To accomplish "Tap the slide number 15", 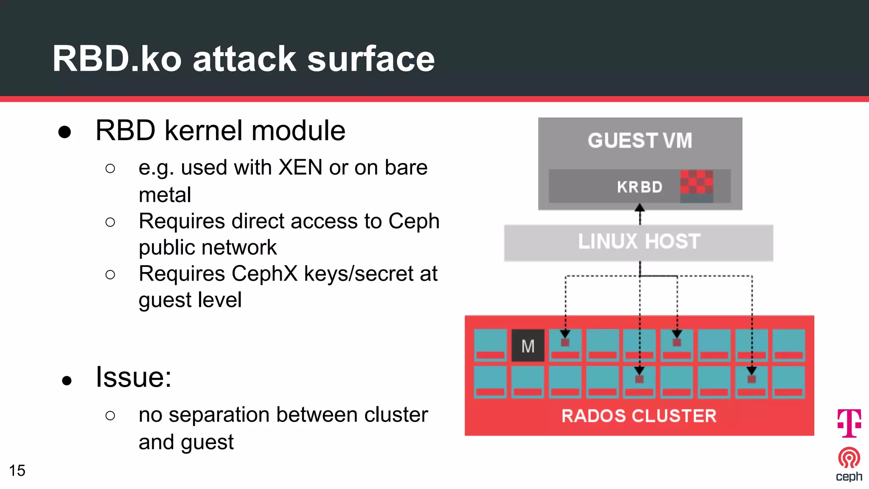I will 17,470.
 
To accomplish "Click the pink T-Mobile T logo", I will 849,423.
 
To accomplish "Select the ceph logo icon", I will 849,458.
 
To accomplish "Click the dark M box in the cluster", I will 528,346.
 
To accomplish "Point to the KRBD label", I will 639,187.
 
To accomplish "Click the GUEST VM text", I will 639,141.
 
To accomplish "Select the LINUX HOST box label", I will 639,242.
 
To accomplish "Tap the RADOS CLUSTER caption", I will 639,416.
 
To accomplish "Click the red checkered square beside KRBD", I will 696,182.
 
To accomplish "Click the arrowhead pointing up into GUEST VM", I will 640,208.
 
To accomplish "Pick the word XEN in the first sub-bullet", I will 300,167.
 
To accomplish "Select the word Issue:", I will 133,377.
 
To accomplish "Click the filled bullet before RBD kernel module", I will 64,132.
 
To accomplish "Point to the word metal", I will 165,195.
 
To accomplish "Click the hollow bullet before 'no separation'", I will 110,415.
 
